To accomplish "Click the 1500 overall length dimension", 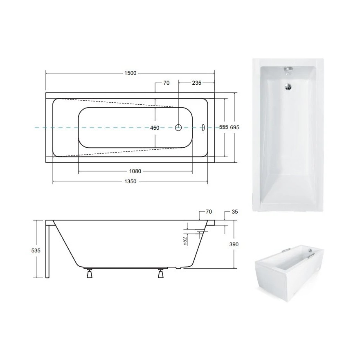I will pyautogui.click(x=130, y=73).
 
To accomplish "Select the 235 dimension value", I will pyautogui.click(x=196, y=83).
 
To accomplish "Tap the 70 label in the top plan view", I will pyautogui.click(x=166, y=83).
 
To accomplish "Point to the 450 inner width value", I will pyautogui.click(x=155, y=128).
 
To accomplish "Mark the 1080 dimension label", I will pyautogui.click(x=135, y=171).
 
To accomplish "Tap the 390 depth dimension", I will pyautogui.click(x=234, y=244).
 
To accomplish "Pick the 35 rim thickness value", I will pyautogui.click(x=234, y=211).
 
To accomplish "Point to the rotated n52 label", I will pyautogui.click(x=184, y=241).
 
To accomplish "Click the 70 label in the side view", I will pyautogui.click(x=209, y=211).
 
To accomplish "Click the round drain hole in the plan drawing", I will pyautogui.click(x=178, y=127).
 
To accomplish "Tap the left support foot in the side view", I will pyautogui.click(x=89, y=273).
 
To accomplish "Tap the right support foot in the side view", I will pyautogui.click(x=161, y=273).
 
